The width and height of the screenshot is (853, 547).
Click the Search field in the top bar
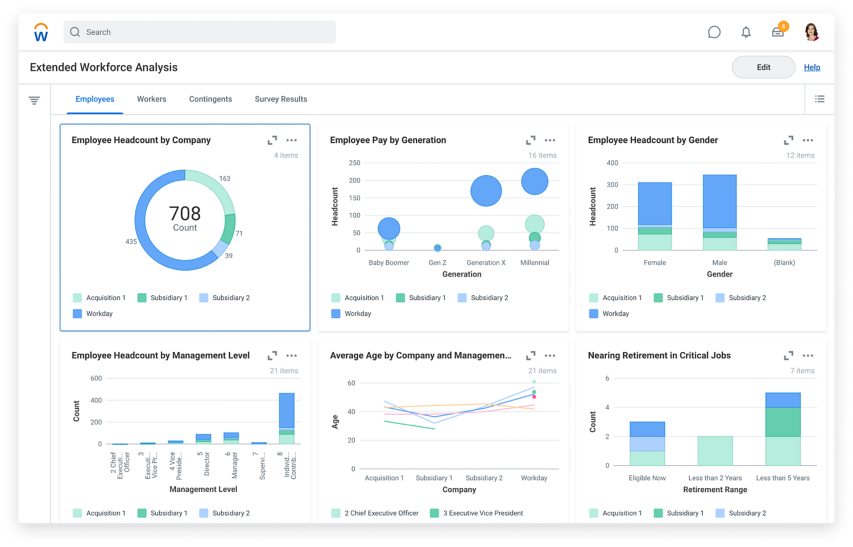(199, 32)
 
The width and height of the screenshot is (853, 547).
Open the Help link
(811, 67)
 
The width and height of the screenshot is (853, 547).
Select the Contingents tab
(210, 99)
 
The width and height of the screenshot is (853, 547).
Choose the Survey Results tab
(281, 99)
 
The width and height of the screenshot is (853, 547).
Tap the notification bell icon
(746, 32)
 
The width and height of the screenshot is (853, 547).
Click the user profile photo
(811, 32)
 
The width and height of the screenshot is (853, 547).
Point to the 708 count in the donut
(185, 214)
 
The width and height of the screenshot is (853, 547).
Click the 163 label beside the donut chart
(225, 179)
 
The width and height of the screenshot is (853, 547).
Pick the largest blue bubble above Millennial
(535, 181)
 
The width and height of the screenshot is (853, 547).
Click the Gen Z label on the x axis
(437, 263)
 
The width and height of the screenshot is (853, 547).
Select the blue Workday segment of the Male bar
(719, 201)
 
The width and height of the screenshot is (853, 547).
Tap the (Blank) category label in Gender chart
(784, 263)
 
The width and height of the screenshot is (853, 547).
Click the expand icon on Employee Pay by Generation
(531, 140)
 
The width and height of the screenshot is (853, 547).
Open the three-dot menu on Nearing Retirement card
(808, 355)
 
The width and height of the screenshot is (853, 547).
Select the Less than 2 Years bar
(715, 450)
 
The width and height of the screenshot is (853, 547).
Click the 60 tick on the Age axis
(351, 383)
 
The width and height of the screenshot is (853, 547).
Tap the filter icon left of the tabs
(34, 101)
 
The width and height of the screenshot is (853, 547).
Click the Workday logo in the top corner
(41, 32)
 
